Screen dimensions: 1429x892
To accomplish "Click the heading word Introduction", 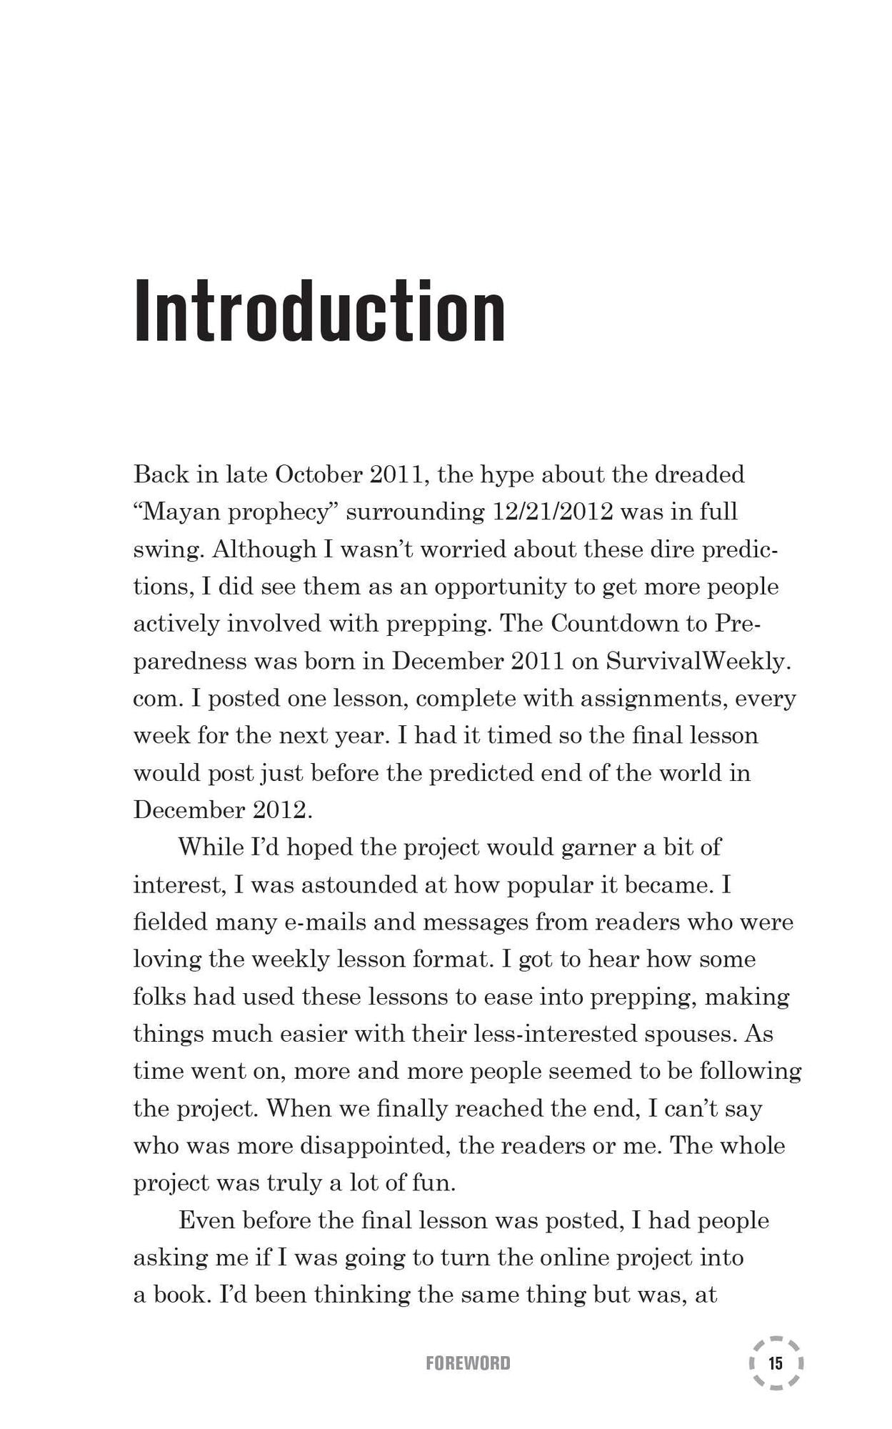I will point(319,312).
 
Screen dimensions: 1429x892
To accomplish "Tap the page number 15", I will point(776,1363).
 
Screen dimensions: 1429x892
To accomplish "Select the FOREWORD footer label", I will point(468,1363).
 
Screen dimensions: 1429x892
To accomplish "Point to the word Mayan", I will point(175,512).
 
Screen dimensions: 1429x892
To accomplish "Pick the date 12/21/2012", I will point(553,512).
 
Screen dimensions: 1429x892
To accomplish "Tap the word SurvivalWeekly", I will point(698,661).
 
